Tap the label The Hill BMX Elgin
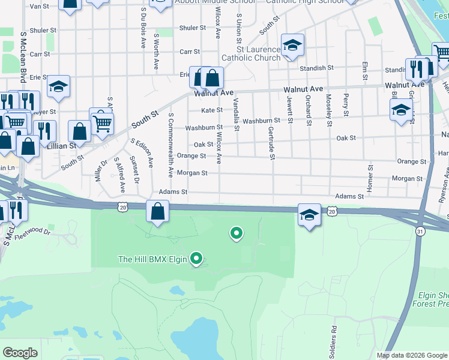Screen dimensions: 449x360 153,259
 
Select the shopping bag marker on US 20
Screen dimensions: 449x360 157,212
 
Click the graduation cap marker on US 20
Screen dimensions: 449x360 309,215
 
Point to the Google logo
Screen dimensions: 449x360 20,352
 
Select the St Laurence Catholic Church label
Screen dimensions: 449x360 252,53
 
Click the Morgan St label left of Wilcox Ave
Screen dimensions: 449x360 196,173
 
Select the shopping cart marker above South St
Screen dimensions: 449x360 103,124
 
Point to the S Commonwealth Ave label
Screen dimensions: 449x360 171,145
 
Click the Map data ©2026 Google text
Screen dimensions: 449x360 411,355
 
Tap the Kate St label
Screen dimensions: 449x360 212,110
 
